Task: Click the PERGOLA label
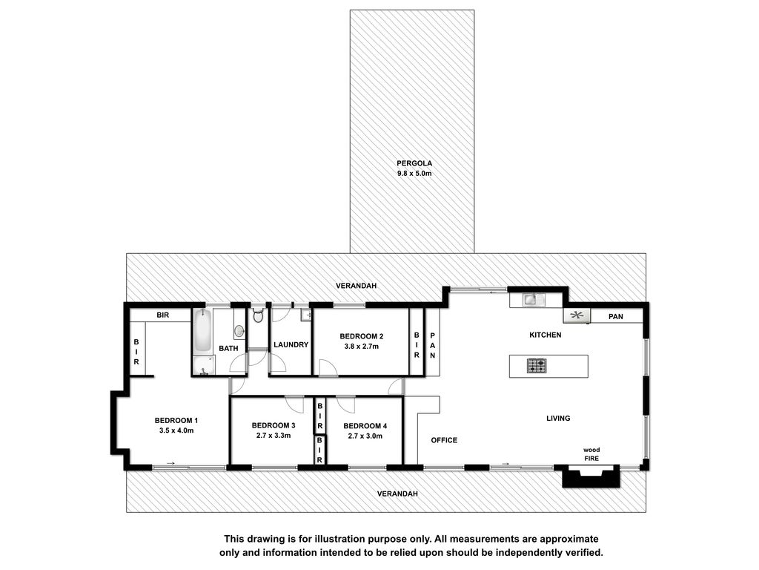pyautogui.click(x=414, y=163)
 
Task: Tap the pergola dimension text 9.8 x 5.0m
pyautogui.click(x=414, y=173)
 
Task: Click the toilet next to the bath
pyautogui.click(x=258, y=315)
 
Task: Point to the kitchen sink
pyautogui.click(x=534, y=300)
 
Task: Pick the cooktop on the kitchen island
pyautogui.click(x=537, y=365)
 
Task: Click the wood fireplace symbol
pyautogui.click(x=591, y=476)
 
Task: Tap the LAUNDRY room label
pyautogui.click(x=291, y=344)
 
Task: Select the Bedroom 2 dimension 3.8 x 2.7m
pyautogui.click(x=362, y=346)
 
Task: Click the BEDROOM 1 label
pyautogui.click(x=176, y=420)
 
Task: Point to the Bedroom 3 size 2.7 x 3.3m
pyautogui.click(x=274, y=435)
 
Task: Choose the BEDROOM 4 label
pyautogui.click(x=365, y=426)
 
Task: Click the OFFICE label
pyautogui.click(x=445, y=440)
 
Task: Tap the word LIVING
pyautogui.click(x=558, y=418)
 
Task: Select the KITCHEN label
pyautogui.click(x=545, y=335)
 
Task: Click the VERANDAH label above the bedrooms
pyautogui.click(x=357, y=286)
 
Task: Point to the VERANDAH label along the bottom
pyautogui.click(x=397, y=494)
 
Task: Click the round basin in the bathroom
pyautogui.click(x=239, y=331)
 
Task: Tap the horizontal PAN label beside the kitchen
pyautogui.click(x=616, y=316)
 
